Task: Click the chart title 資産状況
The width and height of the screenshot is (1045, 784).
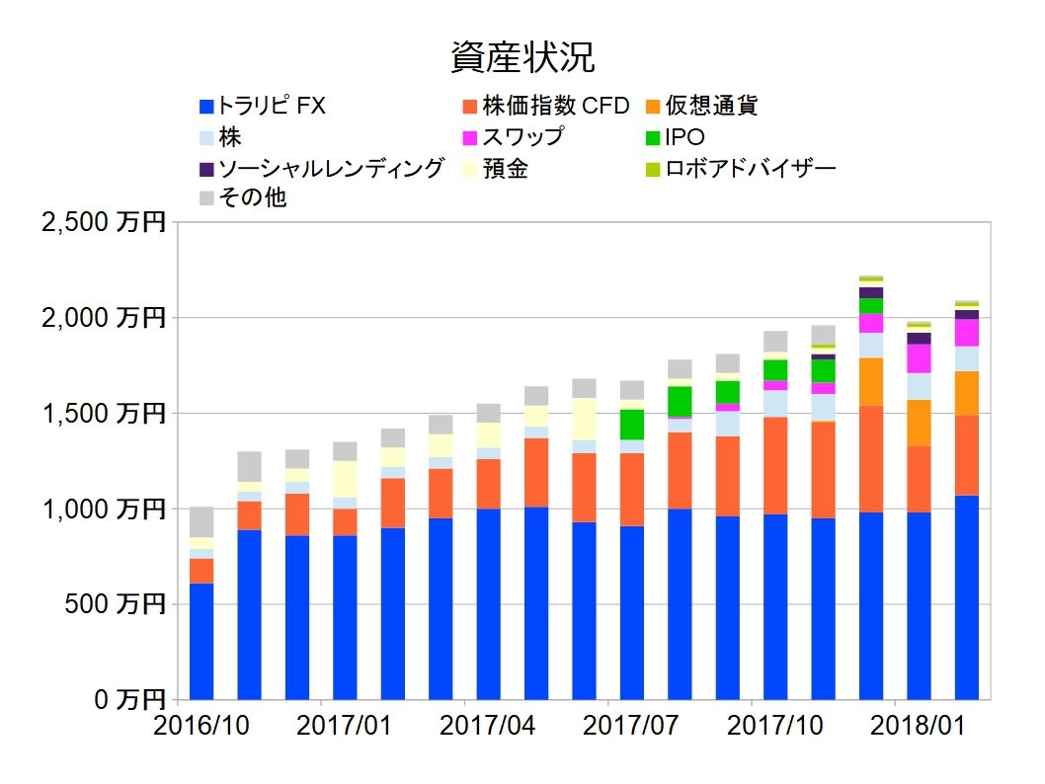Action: coord(522,58)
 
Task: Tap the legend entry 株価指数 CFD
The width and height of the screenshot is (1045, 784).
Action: coord(544,106)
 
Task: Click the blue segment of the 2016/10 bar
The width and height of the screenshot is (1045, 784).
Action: coord(201,642)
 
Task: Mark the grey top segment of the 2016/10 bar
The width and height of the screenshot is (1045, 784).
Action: coord(201,521)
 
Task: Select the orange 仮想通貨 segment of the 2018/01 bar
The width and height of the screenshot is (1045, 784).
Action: coord(919,423)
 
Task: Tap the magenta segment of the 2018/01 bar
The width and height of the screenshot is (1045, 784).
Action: coord(919,357)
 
